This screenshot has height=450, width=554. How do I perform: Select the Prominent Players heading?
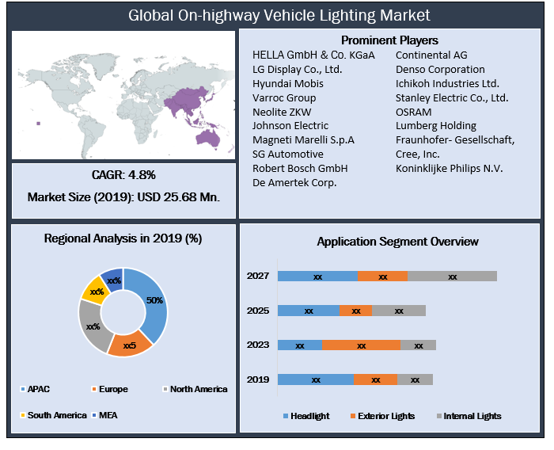pos(389,40)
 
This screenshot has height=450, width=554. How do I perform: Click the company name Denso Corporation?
pos(440,69)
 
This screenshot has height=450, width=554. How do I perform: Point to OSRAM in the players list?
pos(414,112)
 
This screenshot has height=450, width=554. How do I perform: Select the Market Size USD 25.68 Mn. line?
pos(123,197)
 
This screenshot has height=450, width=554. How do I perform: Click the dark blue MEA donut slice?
pos(112,278)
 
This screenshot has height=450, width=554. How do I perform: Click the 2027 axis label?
pos(258,276)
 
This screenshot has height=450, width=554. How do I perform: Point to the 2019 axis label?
pos(258,379)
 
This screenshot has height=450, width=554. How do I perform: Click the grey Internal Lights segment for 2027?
pos(452,276)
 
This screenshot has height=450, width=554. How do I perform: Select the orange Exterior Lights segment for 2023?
pos(361,345)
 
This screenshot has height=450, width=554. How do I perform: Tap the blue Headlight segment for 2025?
pos(309,311)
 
